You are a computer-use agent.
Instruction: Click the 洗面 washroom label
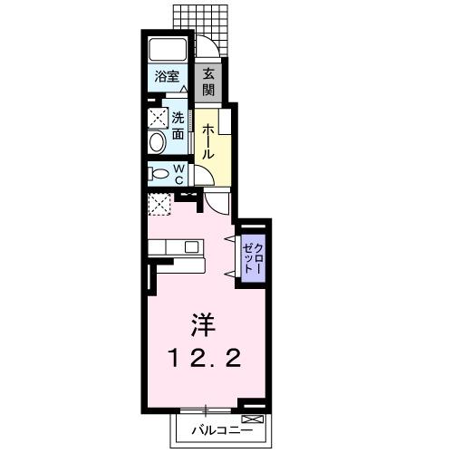[x=178, y=125]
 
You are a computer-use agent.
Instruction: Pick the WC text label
[x=178, y=174]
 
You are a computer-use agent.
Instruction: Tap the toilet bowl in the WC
[x=159, y=174]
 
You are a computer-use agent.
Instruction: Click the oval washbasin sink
[x=156, y=141]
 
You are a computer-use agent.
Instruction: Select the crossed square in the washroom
[x=158, y=116]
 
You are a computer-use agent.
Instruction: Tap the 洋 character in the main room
[x=200, y=323]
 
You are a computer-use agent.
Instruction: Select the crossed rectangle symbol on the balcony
[x=253, y=418]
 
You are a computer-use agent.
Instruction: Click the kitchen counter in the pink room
[x=176, y=246]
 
